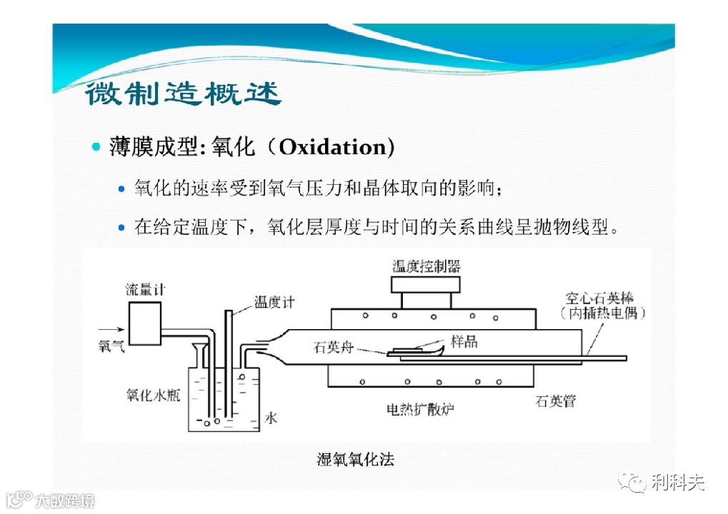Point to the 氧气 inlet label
pyautogui.click(x=111, y=345)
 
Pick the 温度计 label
pyautogui.click(x=274, y=303)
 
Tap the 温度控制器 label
pyautogui.click(x=427, y=266)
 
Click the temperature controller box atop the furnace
pyautogui.click(x=426, y=284)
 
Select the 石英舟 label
pyautogui.click(x=334, y=348)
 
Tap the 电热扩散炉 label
pyautogui.click(x=421, y=409)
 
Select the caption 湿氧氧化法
pyautogui.click(x=355, y=459)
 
